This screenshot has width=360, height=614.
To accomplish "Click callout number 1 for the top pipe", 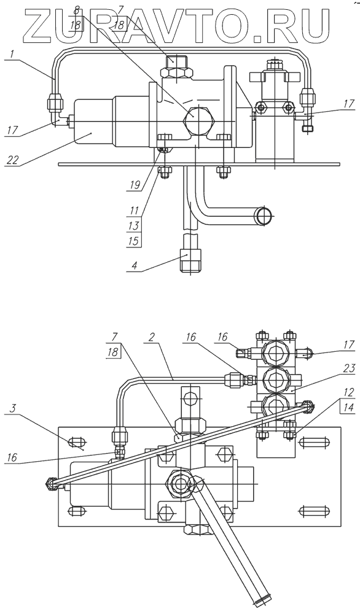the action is tap(12, 54).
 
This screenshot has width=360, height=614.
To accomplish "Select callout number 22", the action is tap(13, 159).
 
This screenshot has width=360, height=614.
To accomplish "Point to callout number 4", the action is tap(134, 265).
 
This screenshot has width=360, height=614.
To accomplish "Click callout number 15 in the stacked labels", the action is tap(133, 241).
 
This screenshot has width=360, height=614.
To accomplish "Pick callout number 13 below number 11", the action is tap(133, 225).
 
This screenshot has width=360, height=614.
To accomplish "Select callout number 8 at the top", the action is tap(77, 9).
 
